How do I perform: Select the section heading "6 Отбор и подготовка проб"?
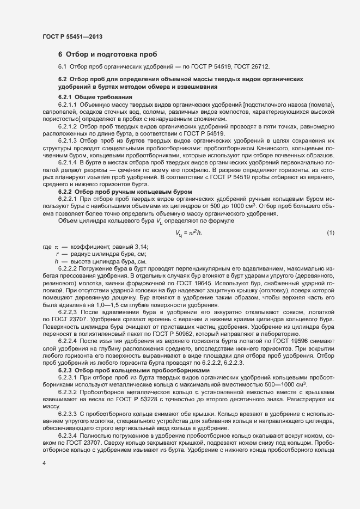(x=107, y=54)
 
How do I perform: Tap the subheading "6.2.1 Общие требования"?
(x=89, y=96)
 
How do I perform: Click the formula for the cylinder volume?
(x=189, y=218)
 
